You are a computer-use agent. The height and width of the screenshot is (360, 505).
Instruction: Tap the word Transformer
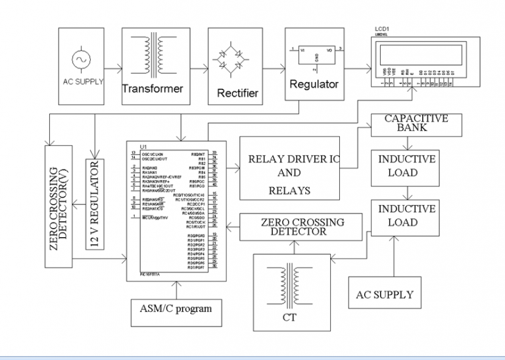point(153,88)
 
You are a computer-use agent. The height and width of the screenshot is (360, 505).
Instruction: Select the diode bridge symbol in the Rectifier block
point(238,60)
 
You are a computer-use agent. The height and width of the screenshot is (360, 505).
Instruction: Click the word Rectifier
point(237,93)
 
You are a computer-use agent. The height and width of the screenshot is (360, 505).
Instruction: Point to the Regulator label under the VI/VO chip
point(314,84)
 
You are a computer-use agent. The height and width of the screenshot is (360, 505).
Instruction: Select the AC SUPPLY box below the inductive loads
point(385,294)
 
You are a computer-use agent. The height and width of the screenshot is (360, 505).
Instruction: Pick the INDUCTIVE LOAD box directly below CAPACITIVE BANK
point(406,166)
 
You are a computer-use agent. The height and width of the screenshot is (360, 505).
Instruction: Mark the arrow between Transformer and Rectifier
point(196,66)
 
